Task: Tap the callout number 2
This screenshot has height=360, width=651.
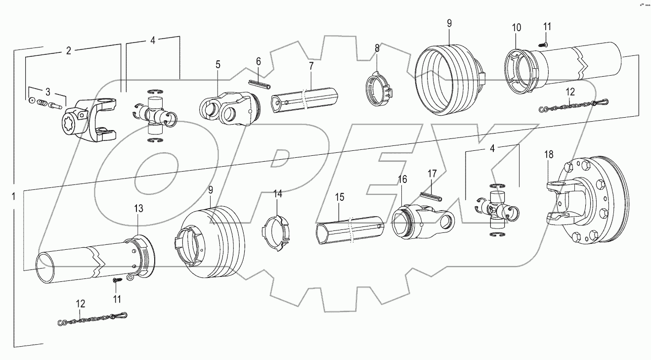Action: pos(69,50)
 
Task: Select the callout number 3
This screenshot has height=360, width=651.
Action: pos(48,92)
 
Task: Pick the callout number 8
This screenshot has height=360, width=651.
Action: pos(377,48)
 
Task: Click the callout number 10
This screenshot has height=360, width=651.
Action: pos(516,28)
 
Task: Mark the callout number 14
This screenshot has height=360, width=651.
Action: pos(278,194)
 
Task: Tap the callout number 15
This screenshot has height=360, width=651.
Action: pos(340,197)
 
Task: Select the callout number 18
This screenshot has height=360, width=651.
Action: pos(549,154)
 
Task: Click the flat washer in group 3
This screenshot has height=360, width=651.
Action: pos(32,101)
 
